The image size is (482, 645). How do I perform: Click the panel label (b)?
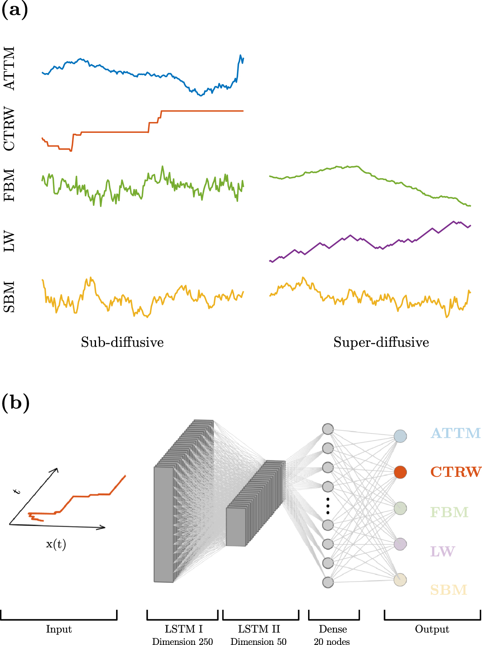(x=16, y=402)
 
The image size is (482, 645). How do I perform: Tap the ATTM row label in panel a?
(x=9, y=68)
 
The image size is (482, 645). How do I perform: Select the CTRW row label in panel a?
(x=9, y=129)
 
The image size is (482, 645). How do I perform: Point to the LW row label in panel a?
(x=9, y=241)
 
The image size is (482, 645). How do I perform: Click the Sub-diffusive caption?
(x=122, y=342)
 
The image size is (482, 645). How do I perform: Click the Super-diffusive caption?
(x=381, y=342)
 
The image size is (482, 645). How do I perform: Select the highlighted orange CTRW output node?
(x=400, y=472)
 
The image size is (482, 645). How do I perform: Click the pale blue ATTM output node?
(x=400, y=436)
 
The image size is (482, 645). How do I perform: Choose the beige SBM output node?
(x=400, y=580)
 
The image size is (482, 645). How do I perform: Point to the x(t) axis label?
(x=56, y=545)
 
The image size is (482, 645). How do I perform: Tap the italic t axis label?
(x=17, y=491)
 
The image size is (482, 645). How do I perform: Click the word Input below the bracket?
(x=59, y=629)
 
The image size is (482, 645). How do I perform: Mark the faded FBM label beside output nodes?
(x=449, y=513)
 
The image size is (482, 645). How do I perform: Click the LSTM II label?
(x=259, y=629)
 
